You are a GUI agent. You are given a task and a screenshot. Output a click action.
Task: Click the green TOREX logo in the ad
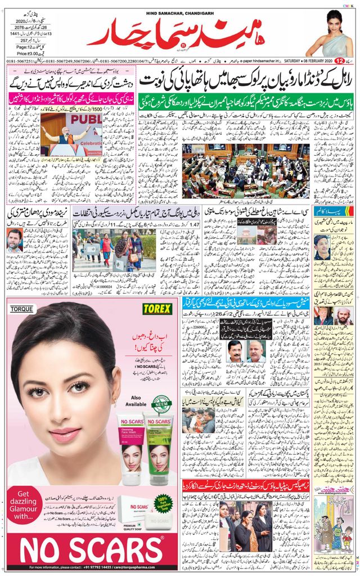coord(156,308)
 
